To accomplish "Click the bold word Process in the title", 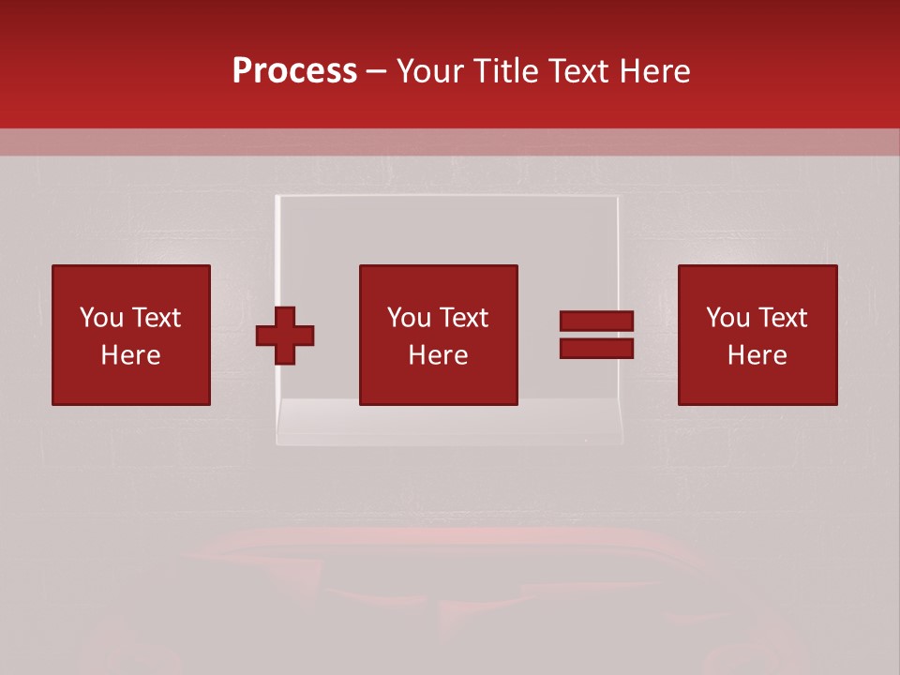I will pyautogui.click(x=294, y=70).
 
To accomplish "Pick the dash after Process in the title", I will pyautogui.click(x=377, y=72).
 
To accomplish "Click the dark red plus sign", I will pyautogui.click(x=285, y=335).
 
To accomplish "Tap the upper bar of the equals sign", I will pyautogui.click(x=596, y=322).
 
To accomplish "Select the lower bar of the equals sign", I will pyautogui.click(x=596, y=348).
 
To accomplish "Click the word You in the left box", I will pyautogui.click(x=101, y=318).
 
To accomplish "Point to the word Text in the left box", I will pyautogui.click(x=155, y=318).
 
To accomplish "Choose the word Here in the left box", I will pyautogui.click(x=130, y=355).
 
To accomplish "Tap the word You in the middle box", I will pyautogui.click(x=409, y=318).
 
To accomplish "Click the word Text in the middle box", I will pyautogui.click(x=462, y=318).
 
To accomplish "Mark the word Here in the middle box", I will pyautogui.click(x=438, y=355).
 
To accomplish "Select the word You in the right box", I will pyautogui.click(x=727, y=318).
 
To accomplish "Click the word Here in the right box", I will pyautogui.click(x=757, y=355).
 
